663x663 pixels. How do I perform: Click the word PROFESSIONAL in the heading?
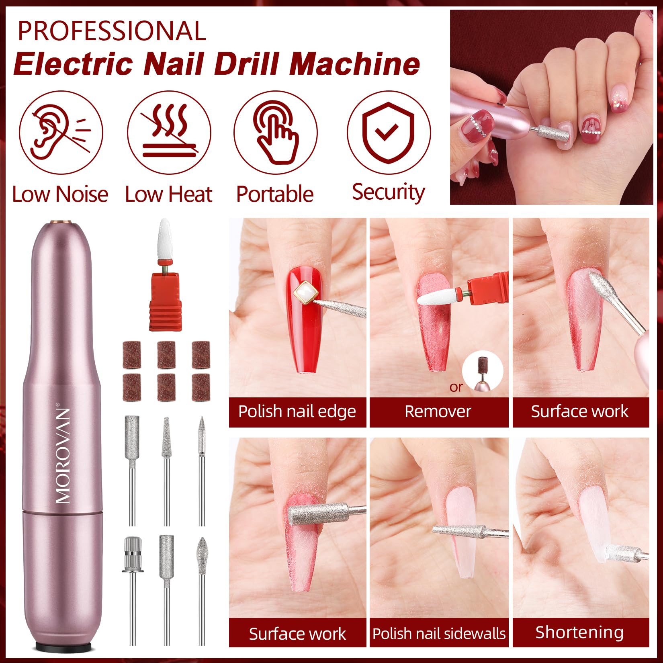112,31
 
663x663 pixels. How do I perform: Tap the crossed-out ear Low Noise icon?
61,133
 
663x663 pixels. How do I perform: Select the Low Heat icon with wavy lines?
169,133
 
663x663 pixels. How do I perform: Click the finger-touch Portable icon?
276,133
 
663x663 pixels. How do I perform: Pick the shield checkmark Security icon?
389,133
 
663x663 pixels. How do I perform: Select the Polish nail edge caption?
297,411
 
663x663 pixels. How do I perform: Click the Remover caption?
438,411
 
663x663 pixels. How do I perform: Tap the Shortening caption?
579,632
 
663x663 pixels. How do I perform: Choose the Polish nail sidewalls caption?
438,633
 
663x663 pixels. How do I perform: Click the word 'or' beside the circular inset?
456,387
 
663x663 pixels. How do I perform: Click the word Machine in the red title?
354,64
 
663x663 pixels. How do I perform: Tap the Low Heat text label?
168,194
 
